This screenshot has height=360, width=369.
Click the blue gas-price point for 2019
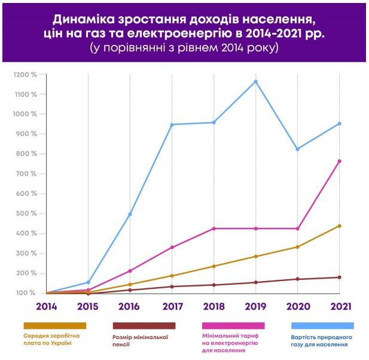tap(255, 81)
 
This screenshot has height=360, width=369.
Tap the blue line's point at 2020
tap(297, 149)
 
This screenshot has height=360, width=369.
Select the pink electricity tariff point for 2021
tap(339, 161)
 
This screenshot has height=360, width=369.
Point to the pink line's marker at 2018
tap(214, 228)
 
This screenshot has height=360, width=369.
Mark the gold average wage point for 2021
tap(339, 225)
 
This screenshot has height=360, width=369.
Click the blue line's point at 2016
tap(130, 214)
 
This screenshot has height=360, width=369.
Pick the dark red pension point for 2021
tap(339, 277)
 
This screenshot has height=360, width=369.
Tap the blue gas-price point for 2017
tap(172, 124)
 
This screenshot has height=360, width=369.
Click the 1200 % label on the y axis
tap(26, 75)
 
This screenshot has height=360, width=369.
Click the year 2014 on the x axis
tap(46, 307)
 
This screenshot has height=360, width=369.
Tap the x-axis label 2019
tap(255, 307)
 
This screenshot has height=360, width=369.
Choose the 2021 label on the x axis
tap(339, 307)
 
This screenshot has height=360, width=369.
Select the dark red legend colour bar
tap(144, 325)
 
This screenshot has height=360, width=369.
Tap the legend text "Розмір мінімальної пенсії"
tap(144, 341)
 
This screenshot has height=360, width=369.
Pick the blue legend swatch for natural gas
tap(322, 325)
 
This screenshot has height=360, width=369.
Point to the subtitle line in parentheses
tap(184, 48)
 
